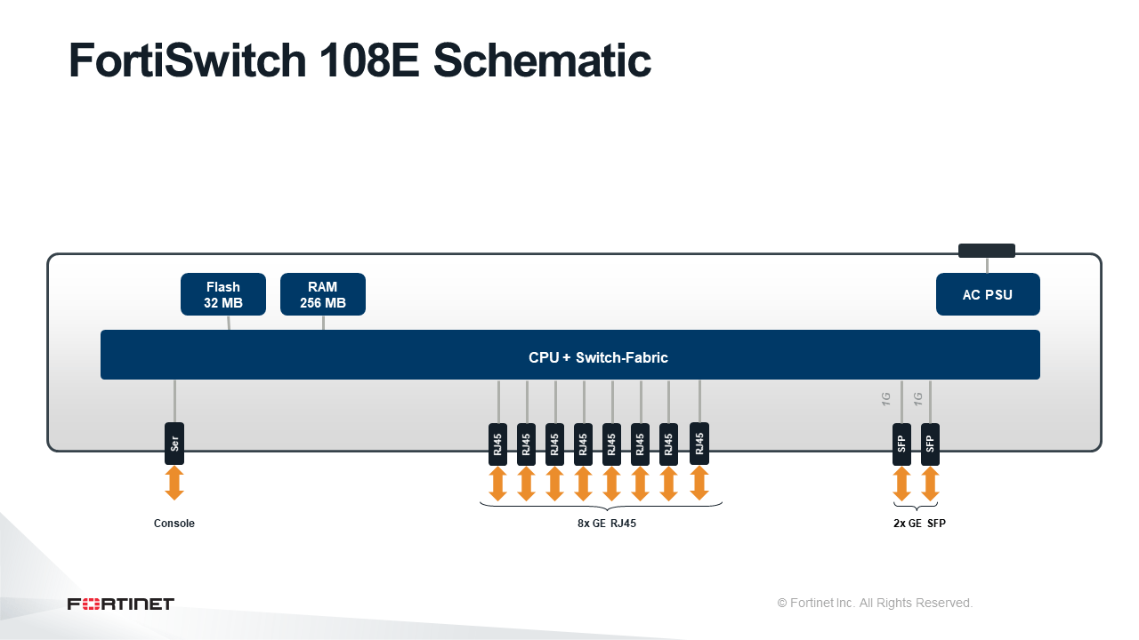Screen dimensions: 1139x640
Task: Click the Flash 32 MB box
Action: (223, 294)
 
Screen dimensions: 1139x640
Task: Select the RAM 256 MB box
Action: (323, 294)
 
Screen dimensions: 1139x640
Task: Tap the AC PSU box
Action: (988, 294)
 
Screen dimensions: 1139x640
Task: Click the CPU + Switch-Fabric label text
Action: (598, 357)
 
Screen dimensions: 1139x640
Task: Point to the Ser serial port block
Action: (174, 444)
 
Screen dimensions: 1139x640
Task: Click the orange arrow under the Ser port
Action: (174, 483)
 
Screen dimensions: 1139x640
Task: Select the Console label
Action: (174, 524)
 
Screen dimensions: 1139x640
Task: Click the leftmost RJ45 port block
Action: (497, 444)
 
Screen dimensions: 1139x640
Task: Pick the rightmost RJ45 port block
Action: (699, 444)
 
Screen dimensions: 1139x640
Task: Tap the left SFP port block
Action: (901, 444)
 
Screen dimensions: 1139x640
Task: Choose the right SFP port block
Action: (930, 444)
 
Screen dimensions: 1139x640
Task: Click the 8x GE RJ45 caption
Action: (607, 524)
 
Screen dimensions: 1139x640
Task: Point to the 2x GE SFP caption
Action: (919, 524)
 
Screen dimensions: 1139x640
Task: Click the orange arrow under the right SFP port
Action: (930, 484)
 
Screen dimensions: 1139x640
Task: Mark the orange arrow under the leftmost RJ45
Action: (497, 484)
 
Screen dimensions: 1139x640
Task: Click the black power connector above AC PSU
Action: (987, 251)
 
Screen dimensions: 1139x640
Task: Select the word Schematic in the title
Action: (542, 60)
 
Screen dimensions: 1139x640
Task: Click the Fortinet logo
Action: (121, 604)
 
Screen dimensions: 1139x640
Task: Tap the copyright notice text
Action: (875, 603)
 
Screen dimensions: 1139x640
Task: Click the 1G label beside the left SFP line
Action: (885, 399)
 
